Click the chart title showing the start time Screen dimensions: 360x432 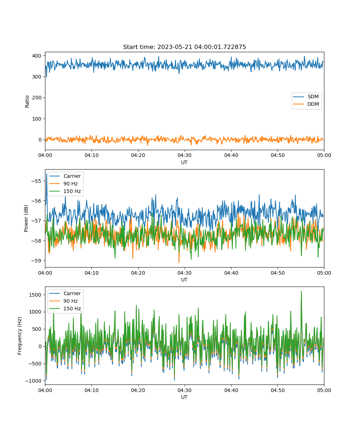184,47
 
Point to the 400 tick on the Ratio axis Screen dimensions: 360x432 36,56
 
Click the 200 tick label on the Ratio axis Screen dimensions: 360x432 36,98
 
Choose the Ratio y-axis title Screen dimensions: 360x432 27,102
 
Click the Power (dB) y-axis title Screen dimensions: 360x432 26,218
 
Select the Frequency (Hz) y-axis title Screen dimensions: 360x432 20,336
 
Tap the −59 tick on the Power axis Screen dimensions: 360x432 36,261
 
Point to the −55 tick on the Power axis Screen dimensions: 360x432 36,181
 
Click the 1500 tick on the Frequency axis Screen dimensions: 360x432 35,295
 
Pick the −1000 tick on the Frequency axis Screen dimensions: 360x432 33,381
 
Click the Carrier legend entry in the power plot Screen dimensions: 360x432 65,176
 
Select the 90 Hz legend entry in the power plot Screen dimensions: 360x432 63,184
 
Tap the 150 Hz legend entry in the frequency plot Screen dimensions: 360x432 65,309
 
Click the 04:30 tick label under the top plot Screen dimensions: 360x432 185,155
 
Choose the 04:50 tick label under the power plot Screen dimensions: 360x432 278,273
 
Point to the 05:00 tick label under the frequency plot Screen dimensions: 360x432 324,390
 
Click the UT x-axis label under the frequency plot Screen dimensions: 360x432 184,397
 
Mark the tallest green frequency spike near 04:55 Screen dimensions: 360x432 301,291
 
